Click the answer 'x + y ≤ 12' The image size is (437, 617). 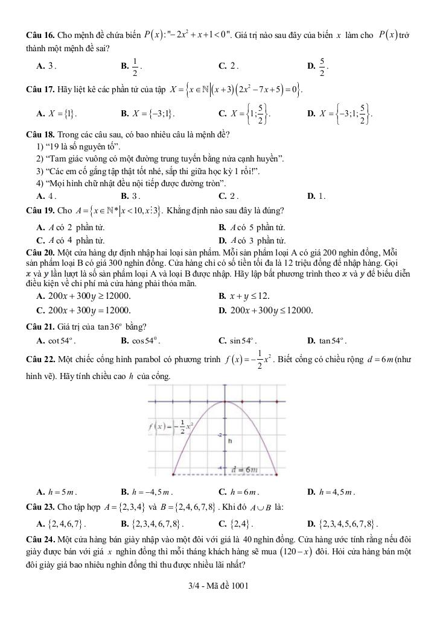(244, 296)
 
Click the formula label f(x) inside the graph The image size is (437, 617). (165, 427)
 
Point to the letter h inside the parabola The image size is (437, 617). (229, 441)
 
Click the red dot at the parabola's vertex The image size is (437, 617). (225, 402)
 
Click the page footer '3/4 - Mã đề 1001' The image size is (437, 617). (218, 586)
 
